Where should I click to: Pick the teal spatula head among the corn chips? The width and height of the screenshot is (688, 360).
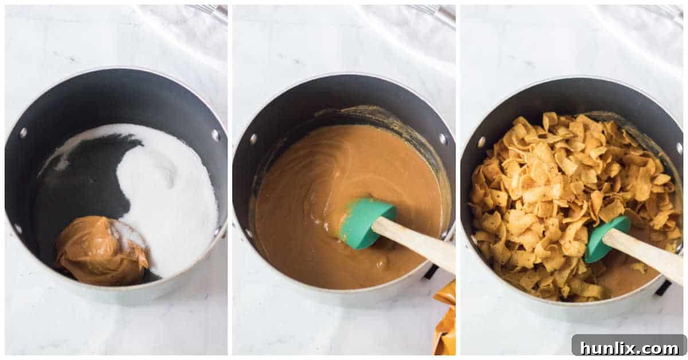pyautogui.click(x=604, y=237)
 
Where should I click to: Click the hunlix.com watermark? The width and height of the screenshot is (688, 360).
pyautogui.click(x=628, y=347)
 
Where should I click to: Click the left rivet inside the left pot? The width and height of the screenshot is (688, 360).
pyautogui.click(x=23, y=133)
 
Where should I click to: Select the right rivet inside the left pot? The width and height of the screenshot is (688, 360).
pyautogui.click(x=216, y=135)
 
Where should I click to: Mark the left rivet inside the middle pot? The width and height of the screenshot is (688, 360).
pyautogui.click(x=253, y=139)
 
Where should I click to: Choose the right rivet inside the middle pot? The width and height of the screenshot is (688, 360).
pyautogui.click(x=443, y=139)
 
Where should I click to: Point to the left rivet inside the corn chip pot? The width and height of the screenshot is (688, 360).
pyautogui.click(x=481, y=141)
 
